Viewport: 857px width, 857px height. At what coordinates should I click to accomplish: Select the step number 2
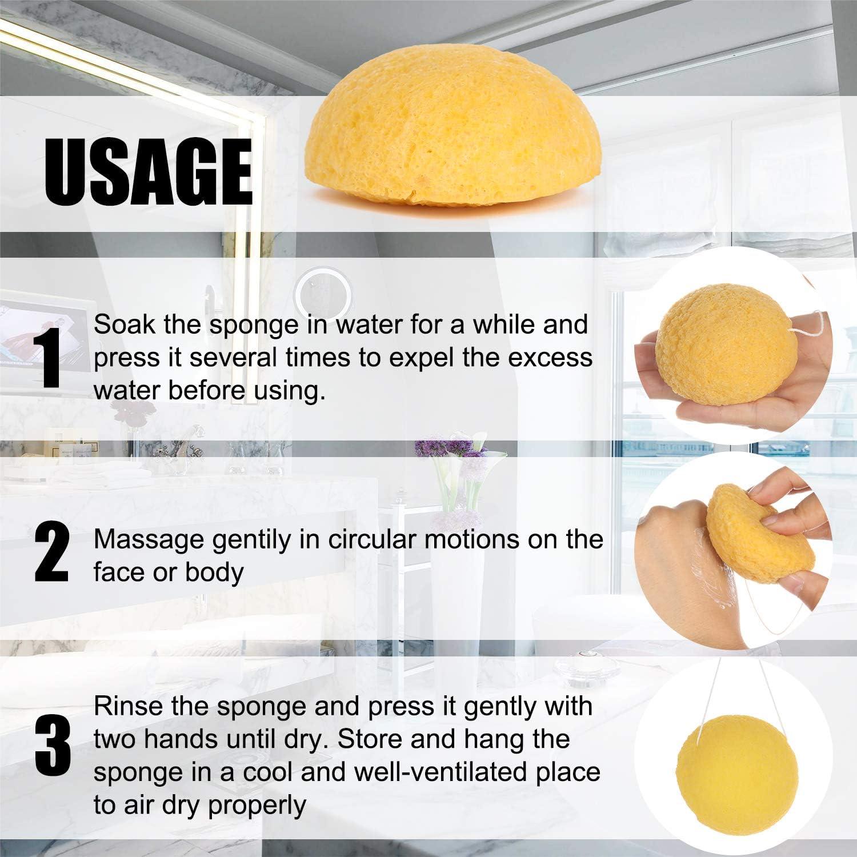52,555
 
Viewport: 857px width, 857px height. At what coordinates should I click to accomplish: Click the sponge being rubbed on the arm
760,534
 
